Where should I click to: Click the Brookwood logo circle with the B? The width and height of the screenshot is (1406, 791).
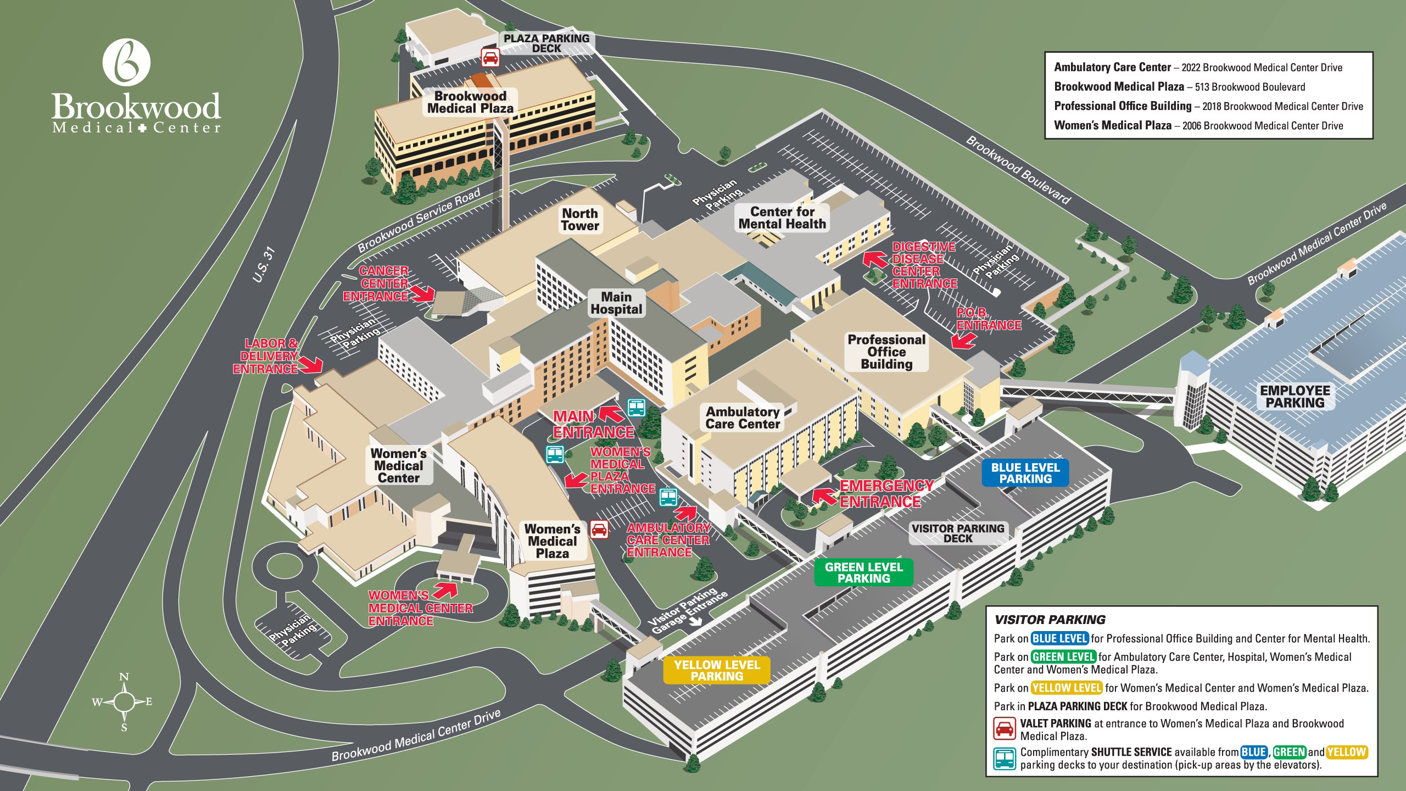pos(127,62)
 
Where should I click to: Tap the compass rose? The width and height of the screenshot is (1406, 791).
pos(125,701)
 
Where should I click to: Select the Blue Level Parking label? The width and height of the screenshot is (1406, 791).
pos(1025,473)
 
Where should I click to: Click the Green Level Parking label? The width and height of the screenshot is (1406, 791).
pos(863,572)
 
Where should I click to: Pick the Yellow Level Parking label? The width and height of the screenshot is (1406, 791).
pos(717,670)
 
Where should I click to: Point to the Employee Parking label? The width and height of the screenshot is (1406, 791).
pos(1295,396)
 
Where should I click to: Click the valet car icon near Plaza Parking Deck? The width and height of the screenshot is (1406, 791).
pos(490,57)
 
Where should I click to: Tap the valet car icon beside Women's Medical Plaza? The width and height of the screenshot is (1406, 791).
pos(599,529)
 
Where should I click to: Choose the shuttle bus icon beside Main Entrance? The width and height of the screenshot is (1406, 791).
pos(636,408)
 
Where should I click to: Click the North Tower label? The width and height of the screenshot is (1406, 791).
pos(580,220)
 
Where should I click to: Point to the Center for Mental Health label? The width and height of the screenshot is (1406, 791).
pos(782,218)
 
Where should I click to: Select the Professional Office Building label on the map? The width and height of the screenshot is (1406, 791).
pos(886,352)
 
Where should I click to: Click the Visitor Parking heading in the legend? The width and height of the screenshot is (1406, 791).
pos(1050,620)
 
